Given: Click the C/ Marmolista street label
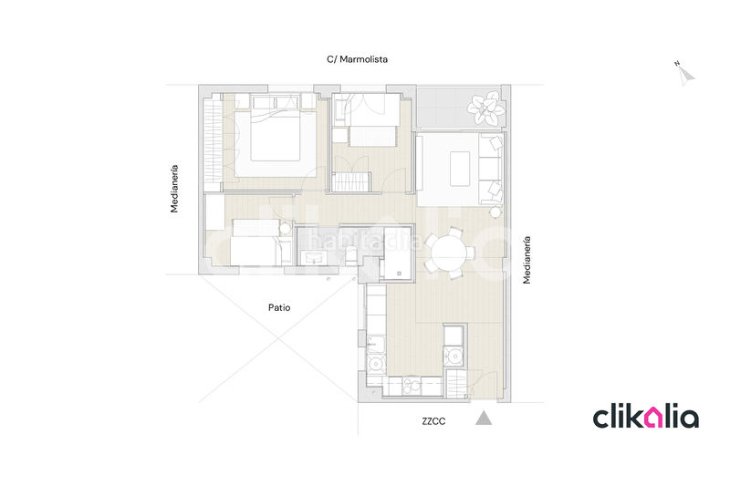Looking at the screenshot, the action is (x=357, y=59).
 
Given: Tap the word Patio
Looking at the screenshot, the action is (x=279, y=307).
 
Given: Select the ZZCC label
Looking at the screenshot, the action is (x=433, y=421).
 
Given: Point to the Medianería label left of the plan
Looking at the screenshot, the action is (x=174, y=189).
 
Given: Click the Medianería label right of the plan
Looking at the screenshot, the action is (x=527, y=260).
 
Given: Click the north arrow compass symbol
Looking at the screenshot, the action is (x=685, y=75).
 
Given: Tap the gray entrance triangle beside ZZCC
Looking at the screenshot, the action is (x=484, y=419).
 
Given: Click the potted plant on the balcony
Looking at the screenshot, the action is (x=485, y=109).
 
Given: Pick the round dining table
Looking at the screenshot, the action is (x=449, y=253).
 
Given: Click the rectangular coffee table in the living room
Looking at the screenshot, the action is (x=460, y=169).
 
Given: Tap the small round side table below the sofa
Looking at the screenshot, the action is (x=495, y=212).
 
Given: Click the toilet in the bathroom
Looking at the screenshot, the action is (x=351, y=255).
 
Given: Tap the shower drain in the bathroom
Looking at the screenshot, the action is (x=399, y=274).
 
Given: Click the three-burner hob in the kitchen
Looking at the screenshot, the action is (x=412, y=386).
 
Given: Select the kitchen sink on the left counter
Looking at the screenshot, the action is (x=376, y=344).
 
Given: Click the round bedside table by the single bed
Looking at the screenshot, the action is (x=285, y=229).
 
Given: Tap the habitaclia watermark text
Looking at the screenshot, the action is (x=366, y=242).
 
